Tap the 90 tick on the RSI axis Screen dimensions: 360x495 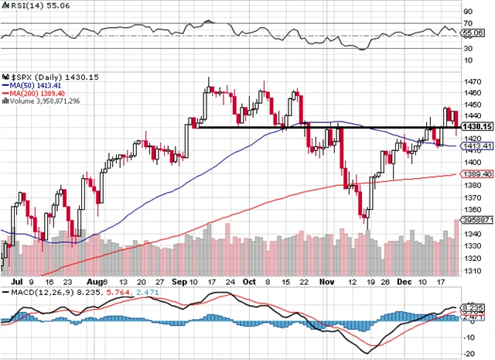click(x=467, y=12)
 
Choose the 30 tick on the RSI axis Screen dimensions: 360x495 click(x=467, y=48)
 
